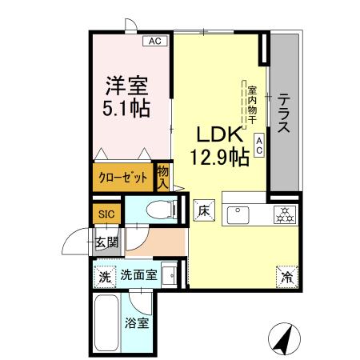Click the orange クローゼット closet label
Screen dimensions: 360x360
click(122, 178)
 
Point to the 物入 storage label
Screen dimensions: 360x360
click(162, 176)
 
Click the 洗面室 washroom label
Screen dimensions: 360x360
click(138, 276)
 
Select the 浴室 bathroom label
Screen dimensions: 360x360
click(136, 326)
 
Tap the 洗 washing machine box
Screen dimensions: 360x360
click(104, 277)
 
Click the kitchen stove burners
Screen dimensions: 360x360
click(284, 214)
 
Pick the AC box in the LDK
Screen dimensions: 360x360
click(259, 146)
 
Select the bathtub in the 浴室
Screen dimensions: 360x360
click(105, 324)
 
